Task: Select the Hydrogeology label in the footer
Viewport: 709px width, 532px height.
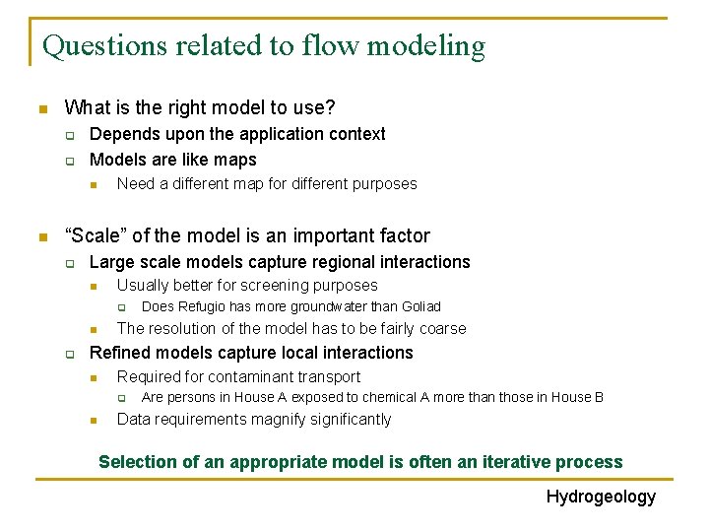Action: pyautogui.click(x=601, y=497)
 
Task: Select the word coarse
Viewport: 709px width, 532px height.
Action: pyautogui.click(x=443, y=329)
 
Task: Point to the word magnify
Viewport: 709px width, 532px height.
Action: pyautogui.click(x=281, y=420)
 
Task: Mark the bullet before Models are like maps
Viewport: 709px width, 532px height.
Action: pyautogui.click(x=70, y=161)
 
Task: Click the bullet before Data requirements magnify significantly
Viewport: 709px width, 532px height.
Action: pyautogui.click(x=94, y=421)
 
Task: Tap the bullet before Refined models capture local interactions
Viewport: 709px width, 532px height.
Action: pyautogui.click(x=70, y=354)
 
